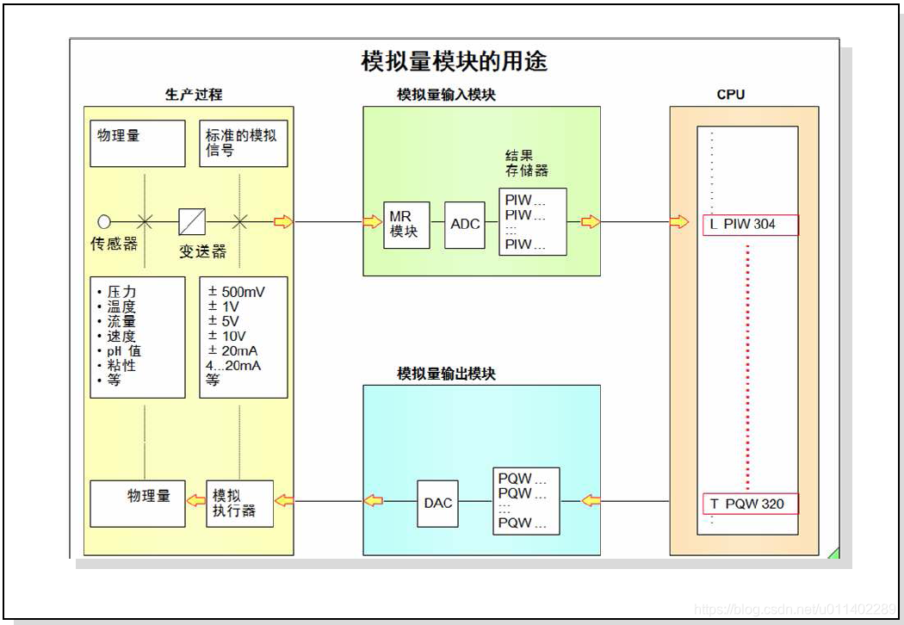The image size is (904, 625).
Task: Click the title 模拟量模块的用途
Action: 454,62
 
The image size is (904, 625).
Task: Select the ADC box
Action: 465,225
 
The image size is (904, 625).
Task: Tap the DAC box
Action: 438,503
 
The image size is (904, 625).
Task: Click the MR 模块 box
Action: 406,225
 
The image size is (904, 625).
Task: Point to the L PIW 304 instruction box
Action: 750,225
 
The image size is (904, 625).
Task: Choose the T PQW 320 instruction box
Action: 750,504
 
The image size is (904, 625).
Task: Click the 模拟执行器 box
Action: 239,503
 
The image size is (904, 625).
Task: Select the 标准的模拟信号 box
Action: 243,143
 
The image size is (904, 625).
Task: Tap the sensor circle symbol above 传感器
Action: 104,222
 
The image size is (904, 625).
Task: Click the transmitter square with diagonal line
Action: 192,222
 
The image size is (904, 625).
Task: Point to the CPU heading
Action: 731,95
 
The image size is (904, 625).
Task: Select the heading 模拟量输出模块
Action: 446,374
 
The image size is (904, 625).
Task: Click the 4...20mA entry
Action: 233,365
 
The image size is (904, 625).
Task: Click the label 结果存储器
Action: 526,163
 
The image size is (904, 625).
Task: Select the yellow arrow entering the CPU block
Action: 679,222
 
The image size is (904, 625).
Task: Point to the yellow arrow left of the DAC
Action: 374,501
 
